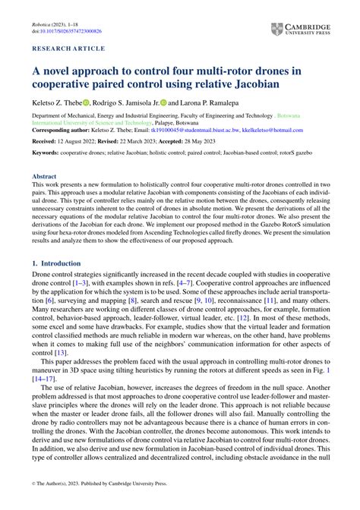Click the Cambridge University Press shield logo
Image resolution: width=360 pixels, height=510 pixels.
(x=276, y=30)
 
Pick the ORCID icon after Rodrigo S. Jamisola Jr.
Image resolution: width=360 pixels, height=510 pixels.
(x=160, y=102)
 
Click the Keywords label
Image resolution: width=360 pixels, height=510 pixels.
(x=46, y=153)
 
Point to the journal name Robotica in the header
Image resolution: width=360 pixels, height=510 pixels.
(x=46, y=24)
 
